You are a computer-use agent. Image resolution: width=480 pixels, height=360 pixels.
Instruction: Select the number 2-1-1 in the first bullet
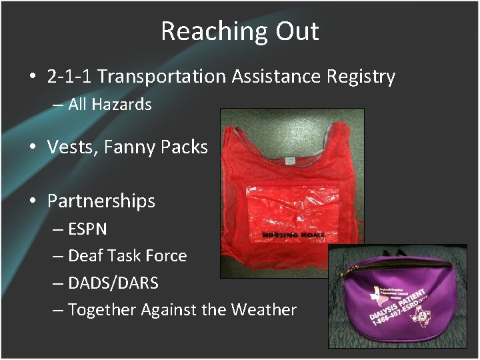pos(69,77)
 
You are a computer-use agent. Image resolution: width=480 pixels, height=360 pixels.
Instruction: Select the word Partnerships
pos(101,201)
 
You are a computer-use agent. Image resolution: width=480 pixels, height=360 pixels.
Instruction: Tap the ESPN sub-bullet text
pos(87,229)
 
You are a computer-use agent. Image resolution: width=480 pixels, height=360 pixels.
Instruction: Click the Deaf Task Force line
pos(127,255)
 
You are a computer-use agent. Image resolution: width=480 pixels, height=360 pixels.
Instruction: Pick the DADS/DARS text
pos(113,283)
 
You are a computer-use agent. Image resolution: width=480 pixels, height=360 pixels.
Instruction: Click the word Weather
pos(263,309)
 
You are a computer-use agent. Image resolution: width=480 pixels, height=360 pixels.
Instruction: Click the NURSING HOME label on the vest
pos(293,235)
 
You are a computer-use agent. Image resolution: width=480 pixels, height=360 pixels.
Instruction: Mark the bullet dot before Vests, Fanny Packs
pos(33,148)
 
